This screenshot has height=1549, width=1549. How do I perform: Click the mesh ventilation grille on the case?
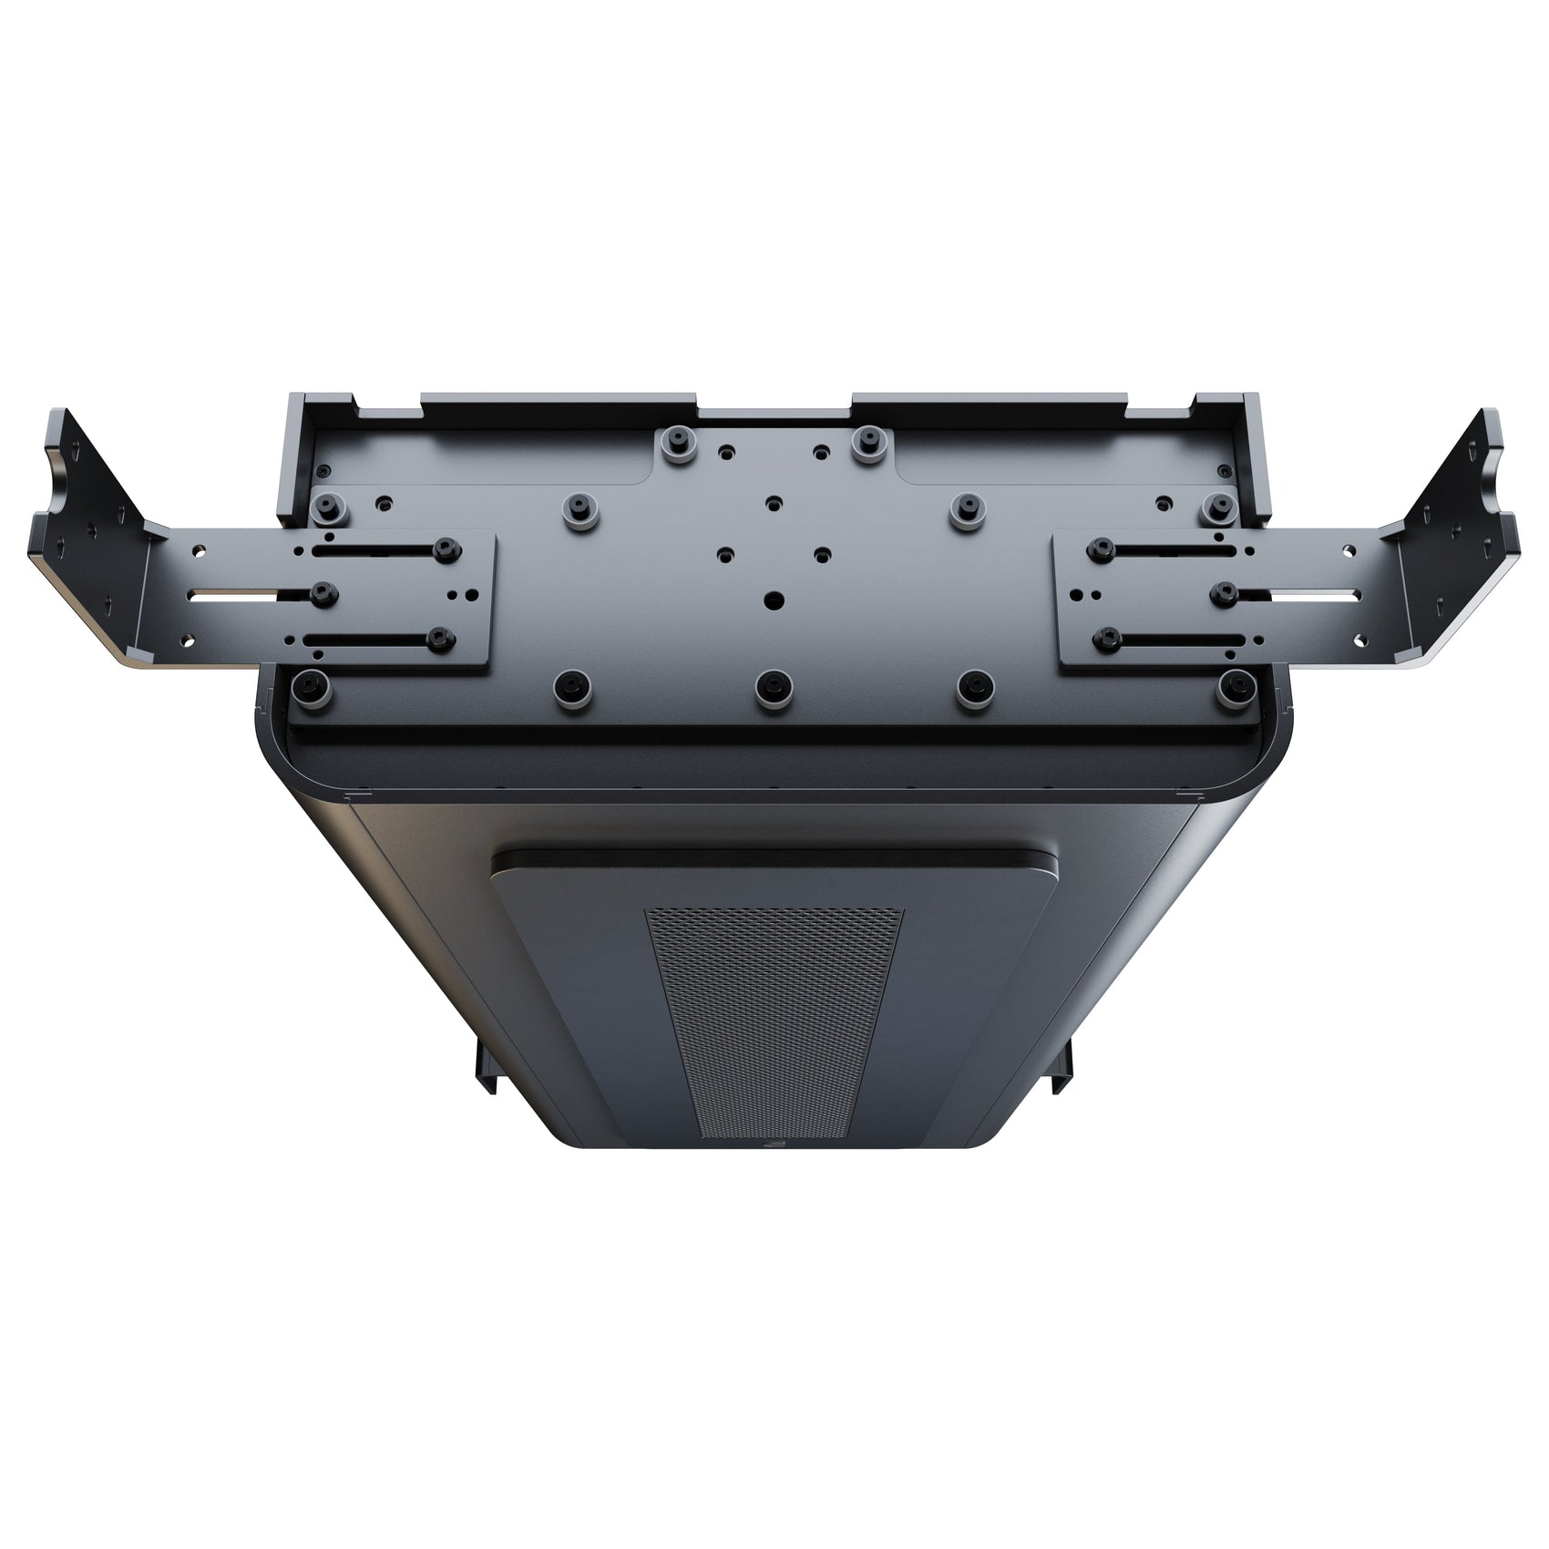774,1021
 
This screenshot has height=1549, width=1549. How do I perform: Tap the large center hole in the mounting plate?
774,600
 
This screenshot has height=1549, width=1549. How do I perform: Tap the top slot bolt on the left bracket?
445,547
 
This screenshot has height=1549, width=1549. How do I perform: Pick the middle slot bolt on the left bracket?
321,593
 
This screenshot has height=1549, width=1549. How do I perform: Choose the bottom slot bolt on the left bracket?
443,640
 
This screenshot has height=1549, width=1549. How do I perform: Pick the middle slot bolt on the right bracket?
1224,592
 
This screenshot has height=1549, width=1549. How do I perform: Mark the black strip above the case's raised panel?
774,860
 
